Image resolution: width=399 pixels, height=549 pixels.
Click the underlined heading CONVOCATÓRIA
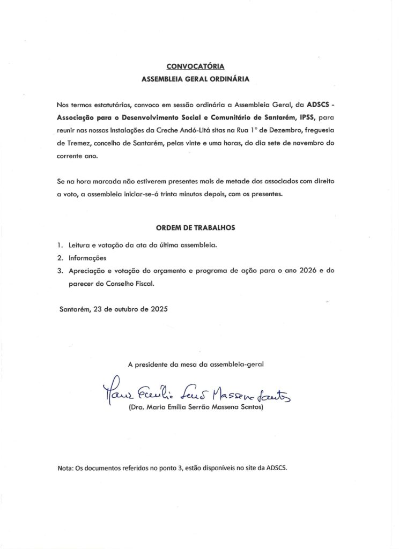[195, 66]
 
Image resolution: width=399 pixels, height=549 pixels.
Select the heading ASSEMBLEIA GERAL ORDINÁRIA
[195, 78]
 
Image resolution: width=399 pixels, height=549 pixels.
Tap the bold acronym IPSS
[311, 116]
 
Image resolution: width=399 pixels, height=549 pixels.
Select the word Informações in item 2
[88, 258]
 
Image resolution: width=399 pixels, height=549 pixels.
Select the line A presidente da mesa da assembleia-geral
[196, 364]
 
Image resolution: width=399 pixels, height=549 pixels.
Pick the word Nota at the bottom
[65, 468]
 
